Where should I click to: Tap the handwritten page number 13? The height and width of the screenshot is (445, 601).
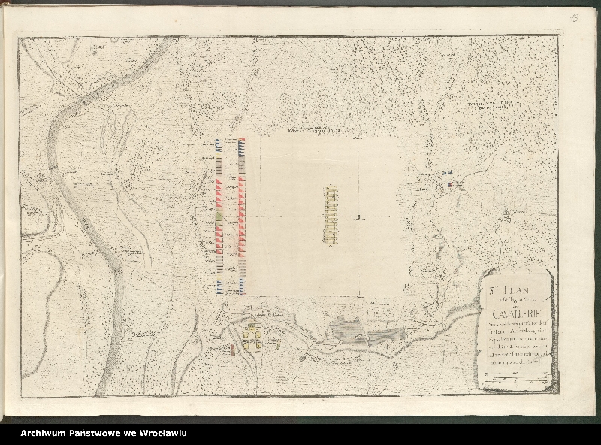pyautogui.click(x=573, y=17)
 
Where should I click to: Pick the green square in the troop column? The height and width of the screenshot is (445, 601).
pyautogui.click(x=219, y=216)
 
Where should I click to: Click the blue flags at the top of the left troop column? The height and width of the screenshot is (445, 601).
pyautogui.click(x=219, y=146)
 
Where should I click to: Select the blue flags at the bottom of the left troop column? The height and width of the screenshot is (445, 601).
pyautogui.click(x=219, y=285)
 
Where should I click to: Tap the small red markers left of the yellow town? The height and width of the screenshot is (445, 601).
pyautogui.click(x=233, y=349)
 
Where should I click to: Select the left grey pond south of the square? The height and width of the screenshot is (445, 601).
pyautogui.click(x=345, y=328)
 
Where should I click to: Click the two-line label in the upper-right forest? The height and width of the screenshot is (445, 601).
pyautogui.click(x=494, y=106)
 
